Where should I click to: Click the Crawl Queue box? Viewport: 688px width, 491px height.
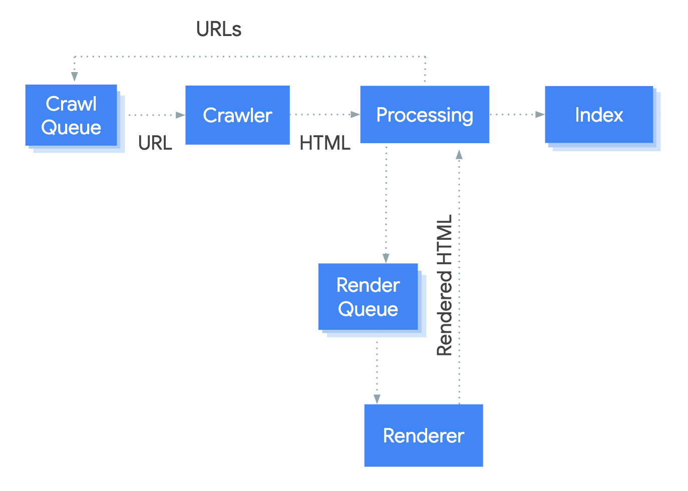pyautogui.click(x=71, y=116)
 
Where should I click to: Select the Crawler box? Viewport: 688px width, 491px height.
pyautogui.click(x=237, y=115)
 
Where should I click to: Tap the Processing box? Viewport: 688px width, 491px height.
pyautogui.click(x=425, y=115)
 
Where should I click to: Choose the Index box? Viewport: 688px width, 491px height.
pyautogui.click(x=599, y=115)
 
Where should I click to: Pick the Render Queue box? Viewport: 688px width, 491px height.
pyautogui.click(x=368, y=297)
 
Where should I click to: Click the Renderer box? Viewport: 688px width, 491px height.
pyautogui.click(x=424, y=435)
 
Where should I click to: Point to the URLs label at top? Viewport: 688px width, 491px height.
pyautogui.click(x=219, y=30)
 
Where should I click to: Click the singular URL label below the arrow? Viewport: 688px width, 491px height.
pyautogui.click(x=155, y=143)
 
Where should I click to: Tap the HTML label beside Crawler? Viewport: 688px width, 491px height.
pyautogui.click(x=324, y=143)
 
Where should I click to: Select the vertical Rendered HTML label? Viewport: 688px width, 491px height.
pyautogui.click(x=445, y=285)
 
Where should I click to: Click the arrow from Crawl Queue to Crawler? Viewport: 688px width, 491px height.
pyautogui.click(x=155, y=115)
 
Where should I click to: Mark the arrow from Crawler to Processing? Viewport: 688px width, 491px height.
pyautogui.click(x=324, y=115)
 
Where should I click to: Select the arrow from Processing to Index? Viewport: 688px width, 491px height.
pyautogui.click(x=516, y=115)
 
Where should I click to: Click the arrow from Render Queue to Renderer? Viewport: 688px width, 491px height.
pyautogui.click(x=377, y=370)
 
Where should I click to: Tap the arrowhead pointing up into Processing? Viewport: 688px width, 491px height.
pyautogui.click(x=459, y=155)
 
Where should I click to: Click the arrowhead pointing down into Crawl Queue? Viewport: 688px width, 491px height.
pyautogui.click(x=75, y=77)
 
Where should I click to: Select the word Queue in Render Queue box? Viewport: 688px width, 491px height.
pyautogui.click(x=368, y=309)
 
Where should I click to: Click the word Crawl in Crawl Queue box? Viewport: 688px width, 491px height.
pyautogui.click(x=71, y=104)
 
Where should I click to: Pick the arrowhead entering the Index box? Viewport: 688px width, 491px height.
pyautogui.click(x=540, y=115)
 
